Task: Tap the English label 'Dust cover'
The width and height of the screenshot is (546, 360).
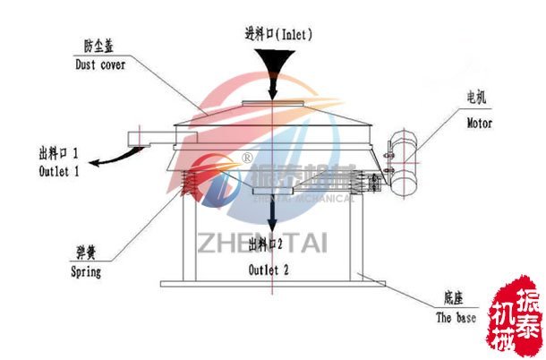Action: pos(99,65)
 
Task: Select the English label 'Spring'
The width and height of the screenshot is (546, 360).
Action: pos(85,271)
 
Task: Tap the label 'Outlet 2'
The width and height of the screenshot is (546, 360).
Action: pos(269,269)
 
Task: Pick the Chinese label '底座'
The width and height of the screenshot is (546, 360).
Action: pos(449,299)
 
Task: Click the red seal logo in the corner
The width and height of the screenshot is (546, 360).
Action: pos(516,323)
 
